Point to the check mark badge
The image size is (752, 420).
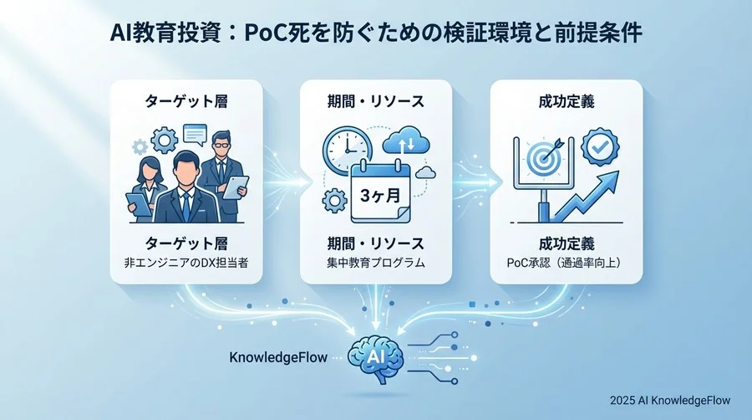pyautogui.click(x=600, y=146)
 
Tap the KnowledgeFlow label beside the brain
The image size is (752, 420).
pyautogui.click(x=278, y=357)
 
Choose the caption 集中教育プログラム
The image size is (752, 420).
pyautogui.click(x=376, y=264)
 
